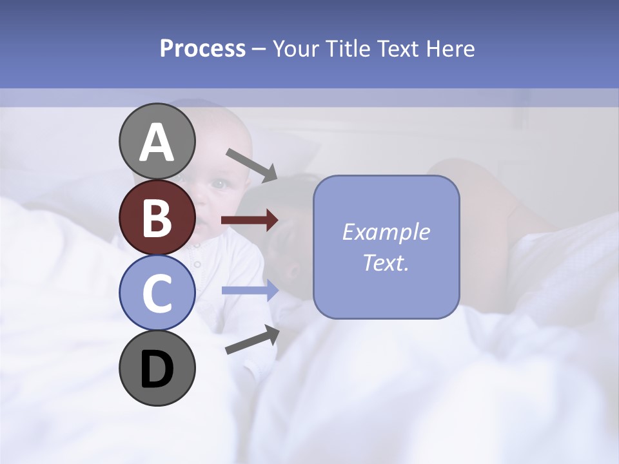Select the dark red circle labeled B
[x=157, y=217]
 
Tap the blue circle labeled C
[x=157, y=293]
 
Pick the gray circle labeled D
[x=157, y=368]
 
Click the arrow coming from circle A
[x=251, y=164]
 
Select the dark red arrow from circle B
[x=249, y=220]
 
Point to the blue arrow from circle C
[x=249, y=291]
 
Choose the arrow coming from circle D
[x=251, y=340]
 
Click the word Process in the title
[x=202, y=49]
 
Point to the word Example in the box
[x=386, y=232]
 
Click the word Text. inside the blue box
[x=386, y=262]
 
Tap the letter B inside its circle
[x=157, y=218]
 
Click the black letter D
[x=157, y=369]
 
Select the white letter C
[x=157, y=294]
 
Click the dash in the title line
[x=259, y=50]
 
